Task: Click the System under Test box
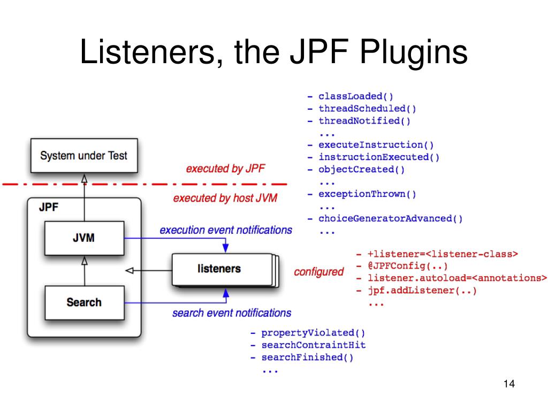pyautogui.click(x=84, y=156)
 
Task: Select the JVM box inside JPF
pyautogui.click(x=84, y=238)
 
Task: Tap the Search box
pyautogui.click(x=84, y=302)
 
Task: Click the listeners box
pyautogui.click(x=222, y=269)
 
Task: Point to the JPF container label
pyautogui.click(x=49, y=207)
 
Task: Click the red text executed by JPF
pyautogui.click(x=225, y=169)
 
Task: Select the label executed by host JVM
pyautogui.click(x=225, y=198)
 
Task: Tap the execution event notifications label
pyautogui.click(x=226, y=230)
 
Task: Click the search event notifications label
pyautogui.click(x=232, y=313)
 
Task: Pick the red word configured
pyautogui.click(x=319, y=271)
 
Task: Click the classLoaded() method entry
pyautogui.click(x=356, y=96)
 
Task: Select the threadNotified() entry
pyautogui.click(x=364, y=120)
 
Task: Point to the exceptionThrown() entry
pyautogui.click(x=367, y=194)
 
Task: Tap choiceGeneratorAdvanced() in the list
pyautogui.click(x=390, y=218)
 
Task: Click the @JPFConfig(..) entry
pyautogui.click(x=407, y=266)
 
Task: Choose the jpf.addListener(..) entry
pyautogui.click(x=422, y=291)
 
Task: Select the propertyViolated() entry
pyautogui.click(x=313, y=333)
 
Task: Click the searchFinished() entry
pyautogui.click(x=308, y=357)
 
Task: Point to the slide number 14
pyautogui.click(x=509, y=384)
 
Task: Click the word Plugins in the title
pyautogui.click(x=414, y=52)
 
